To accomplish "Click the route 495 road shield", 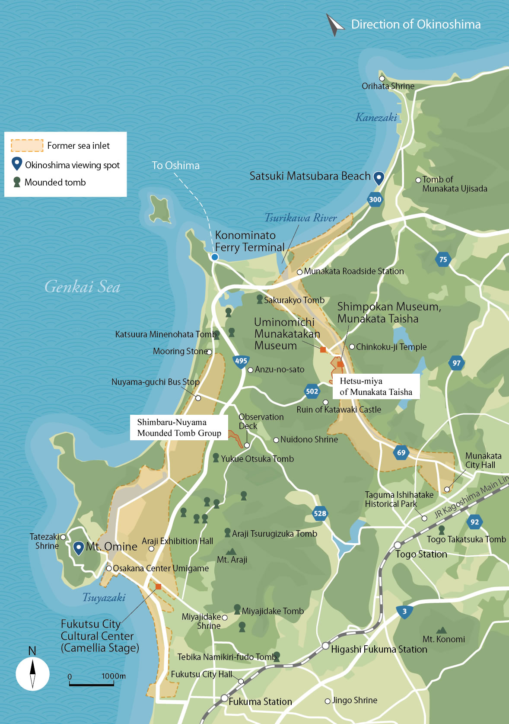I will click(x=241, y=361).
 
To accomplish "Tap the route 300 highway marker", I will click(x=375, y=199).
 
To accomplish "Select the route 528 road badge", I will click(x=320, y=513).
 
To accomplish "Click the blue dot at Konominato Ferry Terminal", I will click(x=215, y=257).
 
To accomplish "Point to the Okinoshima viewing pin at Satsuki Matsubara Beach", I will click(x=379, y=177).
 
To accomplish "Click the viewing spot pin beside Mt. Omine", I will click(x=78, y=548).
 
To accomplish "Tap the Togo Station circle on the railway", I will click(x=398, y=545).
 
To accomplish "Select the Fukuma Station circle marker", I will click(x=224, y=698).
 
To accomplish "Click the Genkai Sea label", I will click(x=82, y=287).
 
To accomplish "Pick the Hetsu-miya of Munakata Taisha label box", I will click(x=376, y=386).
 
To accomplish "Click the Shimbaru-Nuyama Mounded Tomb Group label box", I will click(x=179, y=428).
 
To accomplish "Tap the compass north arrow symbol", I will click(x=32, y=673).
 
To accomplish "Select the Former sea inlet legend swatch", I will click(x=27, y=145).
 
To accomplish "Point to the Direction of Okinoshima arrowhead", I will click(x=334, y=25).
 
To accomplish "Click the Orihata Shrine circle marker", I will click(x=382, y=78).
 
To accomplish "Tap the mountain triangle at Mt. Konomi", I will click(x=441, y=631).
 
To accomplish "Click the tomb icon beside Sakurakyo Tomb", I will click(x=260, y=299).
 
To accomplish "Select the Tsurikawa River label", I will click(x=300, y=218).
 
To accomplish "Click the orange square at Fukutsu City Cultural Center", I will click(x=158, y=586).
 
